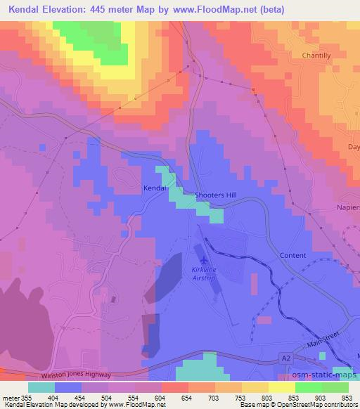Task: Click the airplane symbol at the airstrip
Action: click(x=203, y=261)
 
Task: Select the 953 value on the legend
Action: click(x=347, y=397)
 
